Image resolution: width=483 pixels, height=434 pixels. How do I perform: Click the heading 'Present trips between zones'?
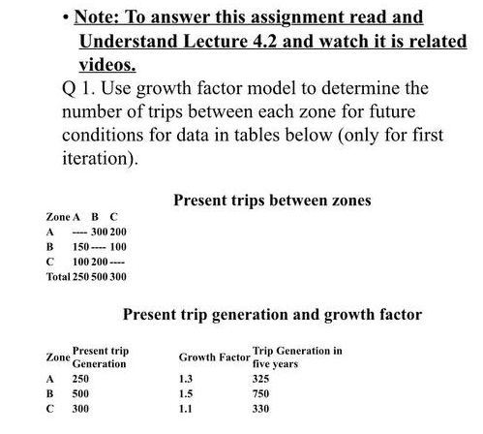coord(272,201)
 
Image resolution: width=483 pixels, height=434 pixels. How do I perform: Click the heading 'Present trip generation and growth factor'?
coord(273,314)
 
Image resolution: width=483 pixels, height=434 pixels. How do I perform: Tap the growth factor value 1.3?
coord(186,379)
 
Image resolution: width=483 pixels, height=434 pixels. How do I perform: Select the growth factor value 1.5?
coord(186,394)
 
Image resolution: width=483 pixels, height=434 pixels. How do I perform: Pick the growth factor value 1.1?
coord(186,410)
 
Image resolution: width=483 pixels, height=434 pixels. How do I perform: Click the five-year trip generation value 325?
coord(261,379)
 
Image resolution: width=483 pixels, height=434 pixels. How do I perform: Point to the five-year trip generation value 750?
coord(261,394)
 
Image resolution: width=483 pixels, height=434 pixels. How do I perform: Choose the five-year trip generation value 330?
coord(261,410)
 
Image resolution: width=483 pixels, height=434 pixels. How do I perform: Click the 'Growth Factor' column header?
coord(213,357)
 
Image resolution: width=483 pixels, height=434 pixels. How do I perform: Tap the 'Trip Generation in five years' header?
coord(296,356)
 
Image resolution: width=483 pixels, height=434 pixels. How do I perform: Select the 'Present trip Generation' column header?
coord(101,356)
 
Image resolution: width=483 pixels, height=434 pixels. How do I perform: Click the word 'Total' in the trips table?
coord(58,277)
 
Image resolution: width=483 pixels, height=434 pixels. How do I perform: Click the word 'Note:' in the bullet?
coord(104,17)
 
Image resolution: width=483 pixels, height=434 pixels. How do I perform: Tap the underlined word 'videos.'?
coord(106,66)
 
